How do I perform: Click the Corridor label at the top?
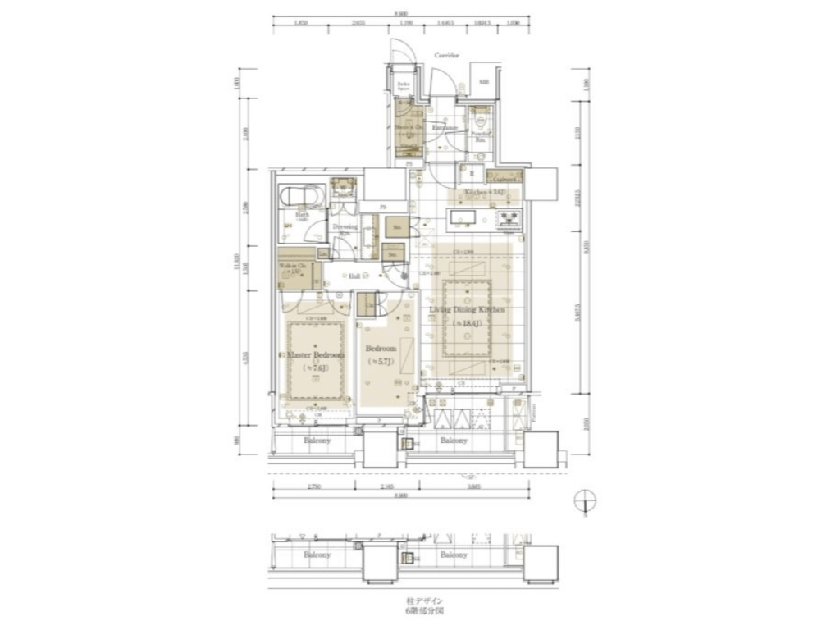(446, 56)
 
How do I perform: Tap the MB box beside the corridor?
(483, 83)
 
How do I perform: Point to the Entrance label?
(445, 128)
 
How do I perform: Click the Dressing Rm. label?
(345, 228)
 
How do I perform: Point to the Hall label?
(354, 276)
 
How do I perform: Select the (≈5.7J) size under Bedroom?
(382, 361)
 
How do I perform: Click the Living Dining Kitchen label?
(472, 311)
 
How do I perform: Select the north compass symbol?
(586, 501)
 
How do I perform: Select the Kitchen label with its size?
(483, 193)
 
